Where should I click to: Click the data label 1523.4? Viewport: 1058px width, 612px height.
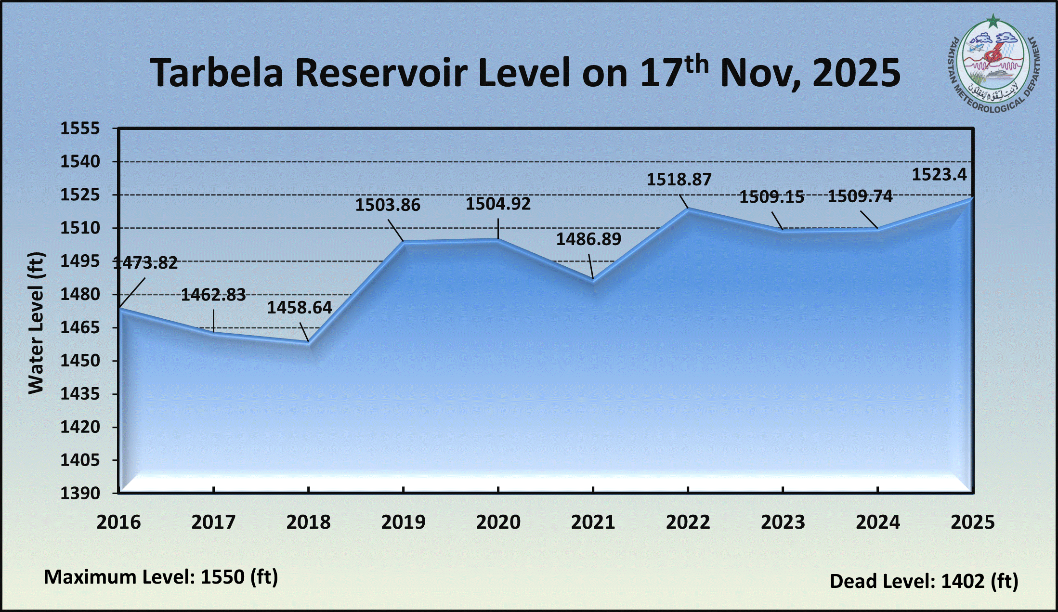(939, 174)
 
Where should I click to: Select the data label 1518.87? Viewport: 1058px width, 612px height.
(679, 180)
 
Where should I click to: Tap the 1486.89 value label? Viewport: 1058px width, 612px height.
(588, 239)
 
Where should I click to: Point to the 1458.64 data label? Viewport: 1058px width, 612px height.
(300, 308)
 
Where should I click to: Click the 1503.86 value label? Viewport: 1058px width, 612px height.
(388, 205)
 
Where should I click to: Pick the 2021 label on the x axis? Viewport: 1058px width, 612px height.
(593, 522)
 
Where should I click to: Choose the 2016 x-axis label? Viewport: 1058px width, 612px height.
(118, 522)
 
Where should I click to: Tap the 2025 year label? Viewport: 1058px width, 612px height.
(972, 522)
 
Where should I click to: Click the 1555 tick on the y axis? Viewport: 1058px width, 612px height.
(80, 129)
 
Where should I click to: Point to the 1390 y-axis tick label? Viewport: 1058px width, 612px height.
(80, 493)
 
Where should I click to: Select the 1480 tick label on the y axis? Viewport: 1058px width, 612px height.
(80, 294)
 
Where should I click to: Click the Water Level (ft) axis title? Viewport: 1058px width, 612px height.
(36, 323)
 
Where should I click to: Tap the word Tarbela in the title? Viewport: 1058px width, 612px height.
(216, 73)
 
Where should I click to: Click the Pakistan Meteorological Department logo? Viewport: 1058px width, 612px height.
(993, 67)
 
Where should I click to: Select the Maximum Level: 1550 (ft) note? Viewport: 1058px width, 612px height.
(161, 577)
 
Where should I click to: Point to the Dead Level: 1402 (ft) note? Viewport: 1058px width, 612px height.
(924, 581)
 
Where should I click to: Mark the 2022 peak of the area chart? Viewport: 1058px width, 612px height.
(688, 209)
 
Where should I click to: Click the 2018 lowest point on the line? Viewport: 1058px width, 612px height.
(309, 342)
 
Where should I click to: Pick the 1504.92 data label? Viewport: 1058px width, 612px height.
(498, 204)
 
